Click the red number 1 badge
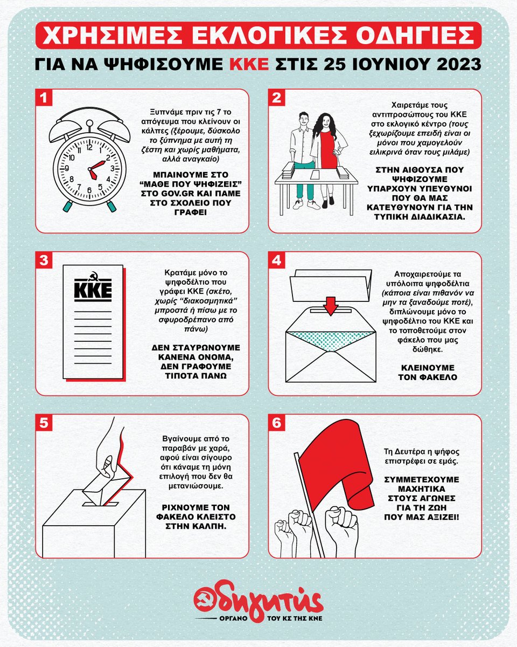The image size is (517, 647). (44, 98)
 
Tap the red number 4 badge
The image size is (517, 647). (276, 260)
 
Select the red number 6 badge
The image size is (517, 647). (276, 423)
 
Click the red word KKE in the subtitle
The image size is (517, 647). (249, 64)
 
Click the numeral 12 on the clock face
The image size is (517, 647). (89, 148)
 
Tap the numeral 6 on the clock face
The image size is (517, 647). (89, 190)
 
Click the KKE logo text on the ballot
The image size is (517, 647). (93, 290)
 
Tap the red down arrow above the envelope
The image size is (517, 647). (331, 306)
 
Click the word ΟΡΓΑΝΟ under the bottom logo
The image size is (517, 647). (233, 619)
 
